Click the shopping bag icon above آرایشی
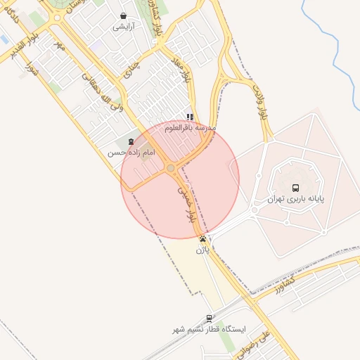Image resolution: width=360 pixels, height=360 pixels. (124, 16)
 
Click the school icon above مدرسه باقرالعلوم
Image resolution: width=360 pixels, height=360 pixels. (190, 117)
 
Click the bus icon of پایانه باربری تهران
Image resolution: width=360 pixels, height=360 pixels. (295, 188)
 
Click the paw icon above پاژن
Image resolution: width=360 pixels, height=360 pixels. (202, 239)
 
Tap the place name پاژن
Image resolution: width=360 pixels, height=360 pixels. (202, 250)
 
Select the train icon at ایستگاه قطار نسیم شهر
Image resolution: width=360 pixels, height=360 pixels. (209, 319)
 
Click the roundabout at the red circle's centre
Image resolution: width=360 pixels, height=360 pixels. (171, 168)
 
